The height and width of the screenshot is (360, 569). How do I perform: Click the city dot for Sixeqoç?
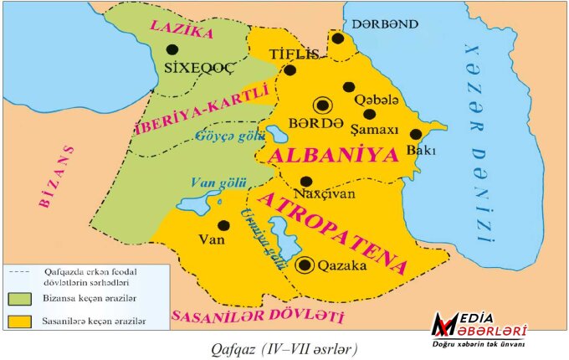172,49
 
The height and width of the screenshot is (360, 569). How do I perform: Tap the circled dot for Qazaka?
306,265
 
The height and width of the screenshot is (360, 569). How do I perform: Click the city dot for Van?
223,225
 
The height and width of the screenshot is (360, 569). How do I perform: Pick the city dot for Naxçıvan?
306,181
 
